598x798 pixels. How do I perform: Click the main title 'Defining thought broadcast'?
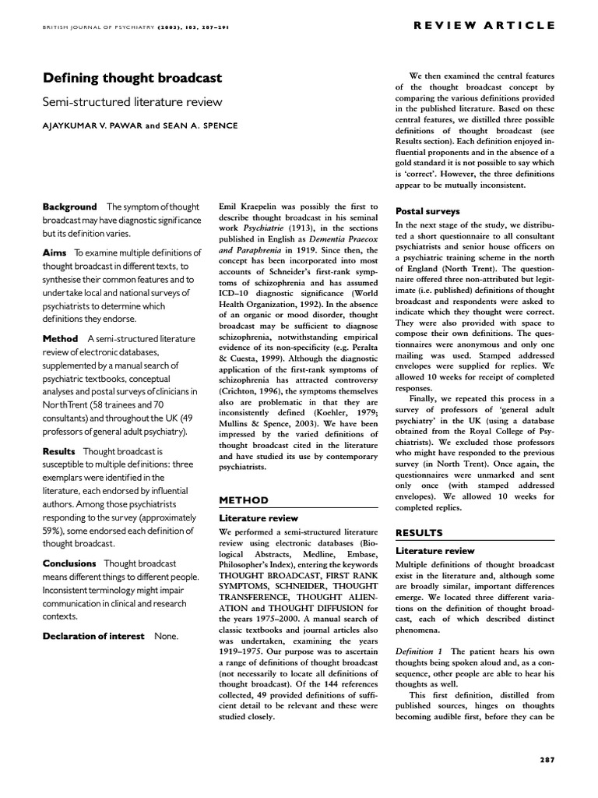132,78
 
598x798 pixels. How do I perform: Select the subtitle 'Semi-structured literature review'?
132,101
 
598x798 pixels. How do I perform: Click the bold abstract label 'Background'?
70,207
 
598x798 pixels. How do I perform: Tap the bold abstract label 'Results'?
59,450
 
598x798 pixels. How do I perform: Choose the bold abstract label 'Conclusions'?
69,563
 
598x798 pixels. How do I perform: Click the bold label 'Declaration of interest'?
93,636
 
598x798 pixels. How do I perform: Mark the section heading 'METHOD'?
243,500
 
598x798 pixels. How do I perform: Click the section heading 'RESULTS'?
419,532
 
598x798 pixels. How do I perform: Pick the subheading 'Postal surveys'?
427,211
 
